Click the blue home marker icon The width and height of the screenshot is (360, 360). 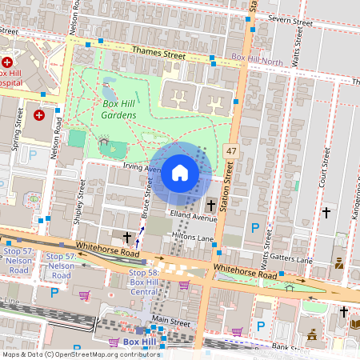click(x=180, y=172)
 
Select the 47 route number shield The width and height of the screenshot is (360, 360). click(x=231, y=151)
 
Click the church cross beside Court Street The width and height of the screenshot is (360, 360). click(x=326, y=213)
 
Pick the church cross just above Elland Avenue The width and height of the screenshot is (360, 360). click(x=211, y=205)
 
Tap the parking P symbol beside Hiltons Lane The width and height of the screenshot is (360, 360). click(x=255, y=228)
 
